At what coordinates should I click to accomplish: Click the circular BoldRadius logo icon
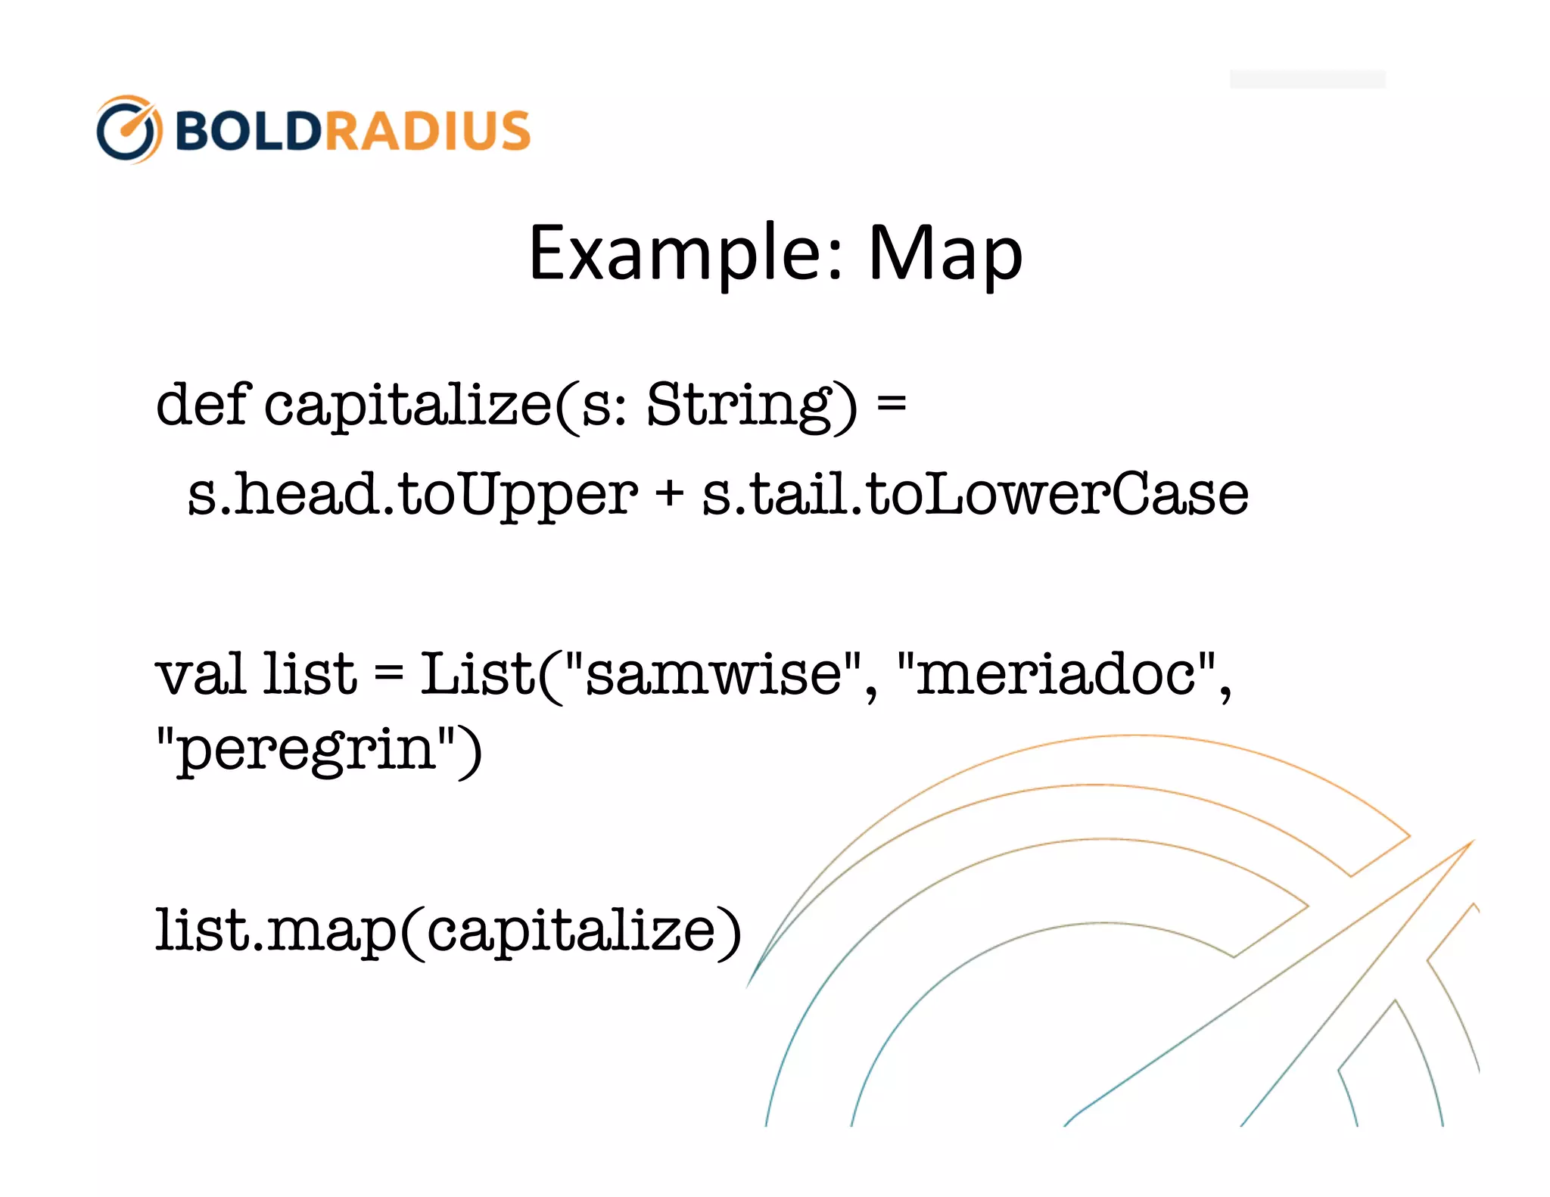128,129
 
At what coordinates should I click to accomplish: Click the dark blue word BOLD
248,130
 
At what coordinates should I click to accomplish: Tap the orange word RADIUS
428,130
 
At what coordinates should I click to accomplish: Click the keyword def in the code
201,404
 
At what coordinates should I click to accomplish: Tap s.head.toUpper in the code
412,494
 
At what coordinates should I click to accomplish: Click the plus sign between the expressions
669,494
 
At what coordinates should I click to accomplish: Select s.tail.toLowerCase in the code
975,494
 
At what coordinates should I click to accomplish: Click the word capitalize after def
409,404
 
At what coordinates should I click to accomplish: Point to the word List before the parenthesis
477,673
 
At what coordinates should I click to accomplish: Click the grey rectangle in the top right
1307,79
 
